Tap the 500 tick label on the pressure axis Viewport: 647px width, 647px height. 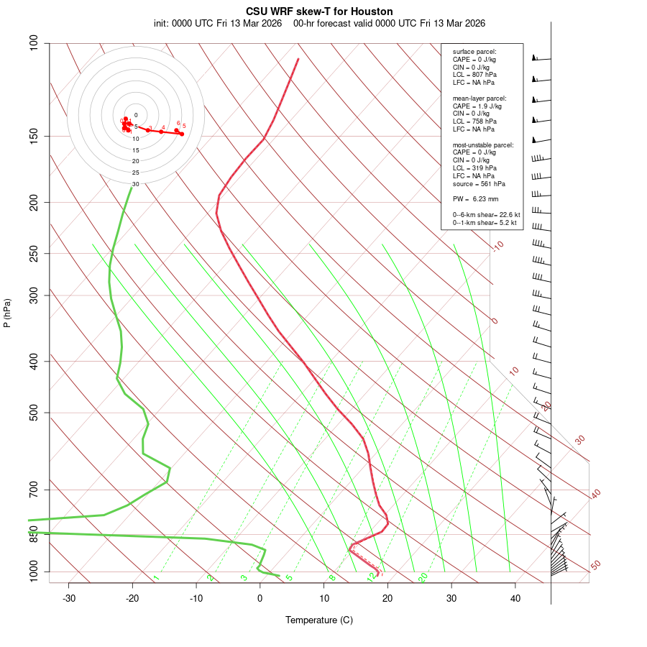(x=34, y=413)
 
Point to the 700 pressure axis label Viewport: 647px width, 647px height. (x=34, y=490)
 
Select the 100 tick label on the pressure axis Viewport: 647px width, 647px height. (x=34, y=43)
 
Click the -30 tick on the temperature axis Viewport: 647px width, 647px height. (x=69, y=598)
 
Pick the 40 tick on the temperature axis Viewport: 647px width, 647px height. (x=515, y=598)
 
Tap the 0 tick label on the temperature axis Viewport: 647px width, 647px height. (x=260, y=598)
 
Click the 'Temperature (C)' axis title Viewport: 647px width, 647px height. (x=318, y=620)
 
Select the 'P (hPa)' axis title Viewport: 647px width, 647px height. (x=7, y=313)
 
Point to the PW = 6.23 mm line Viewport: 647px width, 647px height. (x=475, y=199)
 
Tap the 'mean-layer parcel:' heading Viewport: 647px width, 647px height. (x=479, y=98)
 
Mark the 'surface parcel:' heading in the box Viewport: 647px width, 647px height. (x=474, y=52)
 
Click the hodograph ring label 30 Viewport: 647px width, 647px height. (x=135, y=184)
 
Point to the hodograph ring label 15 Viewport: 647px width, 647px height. (x=135, y=150)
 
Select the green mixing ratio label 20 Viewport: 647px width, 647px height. (x=423, y=577)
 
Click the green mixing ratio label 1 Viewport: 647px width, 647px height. (x=156, y=578)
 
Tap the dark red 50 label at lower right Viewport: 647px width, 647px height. (x=595, y=566)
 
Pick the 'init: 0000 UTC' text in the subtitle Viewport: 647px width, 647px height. (x=183, y=23)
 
